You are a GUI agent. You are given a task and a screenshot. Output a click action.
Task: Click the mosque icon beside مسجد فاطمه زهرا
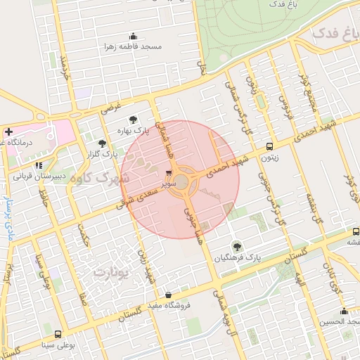click(133, 37)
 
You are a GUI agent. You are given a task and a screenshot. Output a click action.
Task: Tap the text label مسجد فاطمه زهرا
click(133, 46)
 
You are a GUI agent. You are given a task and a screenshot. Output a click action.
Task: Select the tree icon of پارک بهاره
click(134, 119)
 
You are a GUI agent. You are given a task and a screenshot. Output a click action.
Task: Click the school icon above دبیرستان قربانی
click(49, 165)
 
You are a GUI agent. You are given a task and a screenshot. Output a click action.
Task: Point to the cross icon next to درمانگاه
click(8, 131)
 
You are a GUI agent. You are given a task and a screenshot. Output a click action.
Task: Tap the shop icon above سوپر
click(169, 172)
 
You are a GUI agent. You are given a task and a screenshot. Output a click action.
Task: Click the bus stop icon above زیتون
click(270, 146)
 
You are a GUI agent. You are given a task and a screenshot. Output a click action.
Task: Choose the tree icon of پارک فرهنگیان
click(238, 246)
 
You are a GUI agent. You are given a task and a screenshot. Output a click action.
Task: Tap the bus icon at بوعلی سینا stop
click(57, 335)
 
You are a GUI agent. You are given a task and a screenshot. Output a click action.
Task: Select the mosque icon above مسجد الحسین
click(344, 311)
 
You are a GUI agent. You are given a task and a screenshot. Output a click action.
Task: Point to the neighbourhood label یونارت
click(112, 271)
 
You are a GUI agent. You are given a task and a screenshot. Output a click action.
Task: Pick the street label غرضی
click(111, 108)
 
